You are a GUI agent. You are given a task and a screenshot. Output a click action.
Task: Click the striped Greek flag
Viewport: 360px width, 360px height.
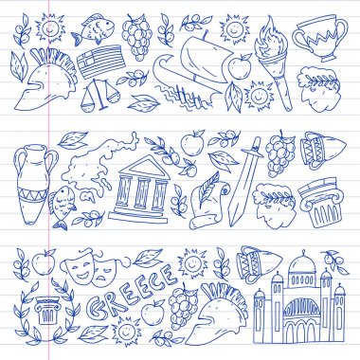click(99, 62)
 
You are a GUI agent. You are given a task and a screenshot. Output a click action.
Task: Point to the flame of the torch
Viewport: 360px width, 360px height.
click(268, 36)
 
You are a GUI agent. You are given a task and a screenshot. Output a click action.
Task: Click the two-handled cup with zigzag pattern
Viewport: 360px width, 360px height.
click(319, 37)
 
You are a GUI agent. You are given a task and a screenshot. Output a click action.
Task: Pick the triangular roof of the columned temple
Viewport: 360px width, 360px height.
click(143, 166)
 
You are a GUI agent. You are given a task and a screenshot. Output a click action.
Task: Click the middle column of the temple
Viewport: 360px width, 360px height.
click(142, 193)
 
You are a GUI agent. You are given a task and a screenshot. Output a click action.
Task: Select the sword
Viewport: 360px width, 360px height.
click(243, 181)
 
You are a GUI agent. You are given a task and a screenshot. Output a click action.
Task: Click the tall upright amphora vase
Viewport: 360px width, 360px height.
click(34, 184)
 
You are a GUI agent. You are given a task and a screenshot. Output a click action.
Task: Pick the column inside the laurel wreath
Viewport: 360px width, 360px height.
click(46, 311)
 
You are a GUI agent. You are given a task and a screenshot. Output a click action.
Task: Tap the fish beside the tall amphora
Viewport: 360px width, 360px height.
click(62, 207)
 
